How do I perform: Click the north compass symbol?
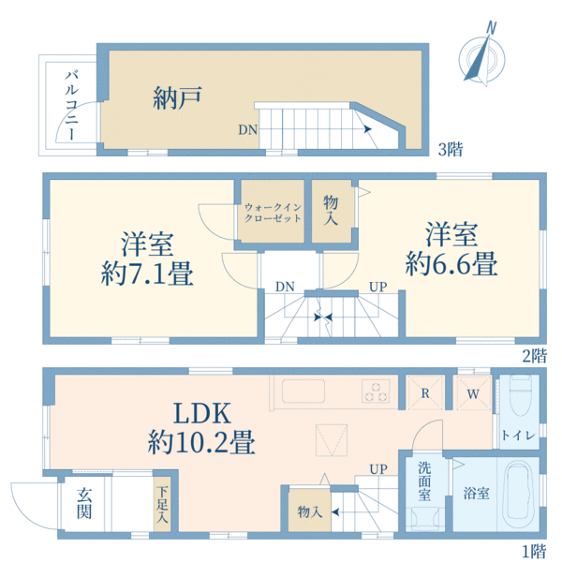click(484, 58)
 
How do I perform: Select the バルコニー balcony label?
click(70, 105)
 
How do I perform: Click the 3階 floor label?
click(451, 148)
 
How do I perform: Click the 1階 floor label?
click(534, 552)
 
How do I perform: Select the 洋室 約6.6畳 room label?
click(451, 247)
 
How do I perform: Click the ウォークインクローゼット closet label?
click(272, 212)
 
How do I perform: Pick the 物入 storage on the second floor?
click(332, 210)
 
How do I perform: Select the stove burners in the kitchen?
click(377, 392)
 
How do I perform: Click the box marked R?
click(425, 393)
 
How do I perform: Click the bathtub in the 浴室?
click(519, 495)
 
